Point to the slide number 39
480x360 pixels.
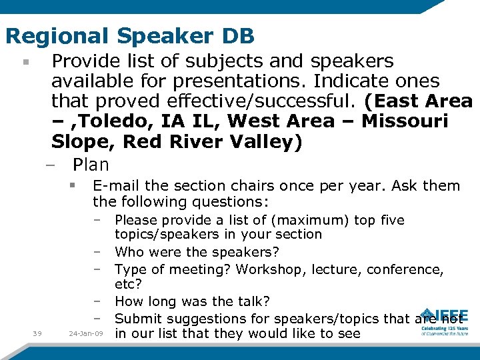tap(37, 334)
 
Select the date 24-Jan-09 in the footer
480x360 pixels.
tap(87, 334)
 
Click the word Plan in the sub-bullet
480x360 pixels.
tap(91, 164)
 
